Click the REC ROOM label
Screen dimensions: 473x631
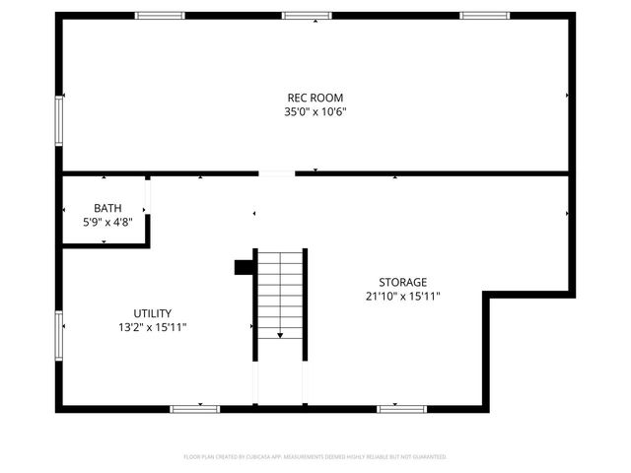point(315,98)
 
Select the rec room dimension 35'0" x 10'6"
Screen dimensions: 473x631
point(315,112)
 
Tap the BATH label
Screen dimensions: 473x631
point(107,208)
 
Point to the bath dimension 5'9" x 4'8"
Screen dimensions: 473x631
point(107,223)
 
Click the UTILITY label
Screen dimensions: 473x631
point(153,312)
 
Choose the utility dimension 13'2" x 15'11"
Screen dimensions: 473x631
point(153,327)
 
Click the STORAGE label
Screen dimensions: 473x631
point(403,282)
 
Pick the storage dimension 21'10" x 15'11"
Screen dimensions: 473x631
point(403,297)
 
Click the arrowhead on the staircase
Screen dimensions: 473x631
point(280,336)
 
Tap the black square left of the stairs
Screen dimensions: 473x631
point(243,267)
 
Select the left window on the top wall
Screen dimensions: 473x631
point(160,15)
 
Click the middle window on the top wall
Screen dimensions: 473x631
point(307,15)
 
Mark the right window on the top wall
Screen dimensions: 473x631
point(485,15)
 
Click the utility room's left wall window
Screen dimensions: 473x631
point(60,335)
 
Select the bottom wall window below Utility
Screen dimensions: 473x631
point(195,408)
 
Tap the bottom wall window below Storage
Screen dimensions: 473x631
point(402,408)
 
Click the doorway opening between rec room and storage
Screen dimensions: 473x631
point(277,174)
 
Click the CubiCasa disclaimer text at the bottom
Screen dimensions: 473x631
point(315,457)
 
